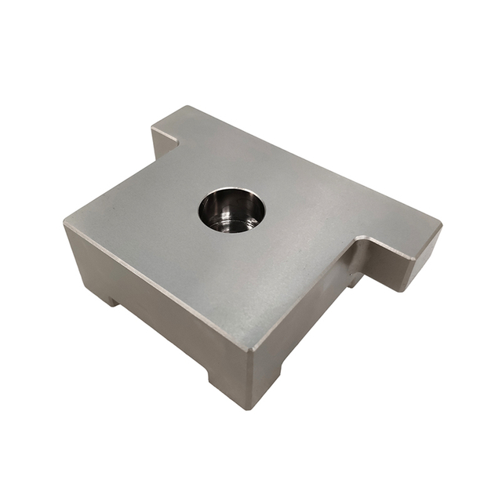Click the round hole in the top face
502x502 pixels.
pos(231,210)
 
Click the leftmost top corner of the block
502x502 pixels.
pos(65,224)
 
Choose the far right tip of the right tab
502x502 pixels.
pos(441,226)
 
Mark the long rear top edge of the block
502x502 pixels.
pos(314,165)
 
